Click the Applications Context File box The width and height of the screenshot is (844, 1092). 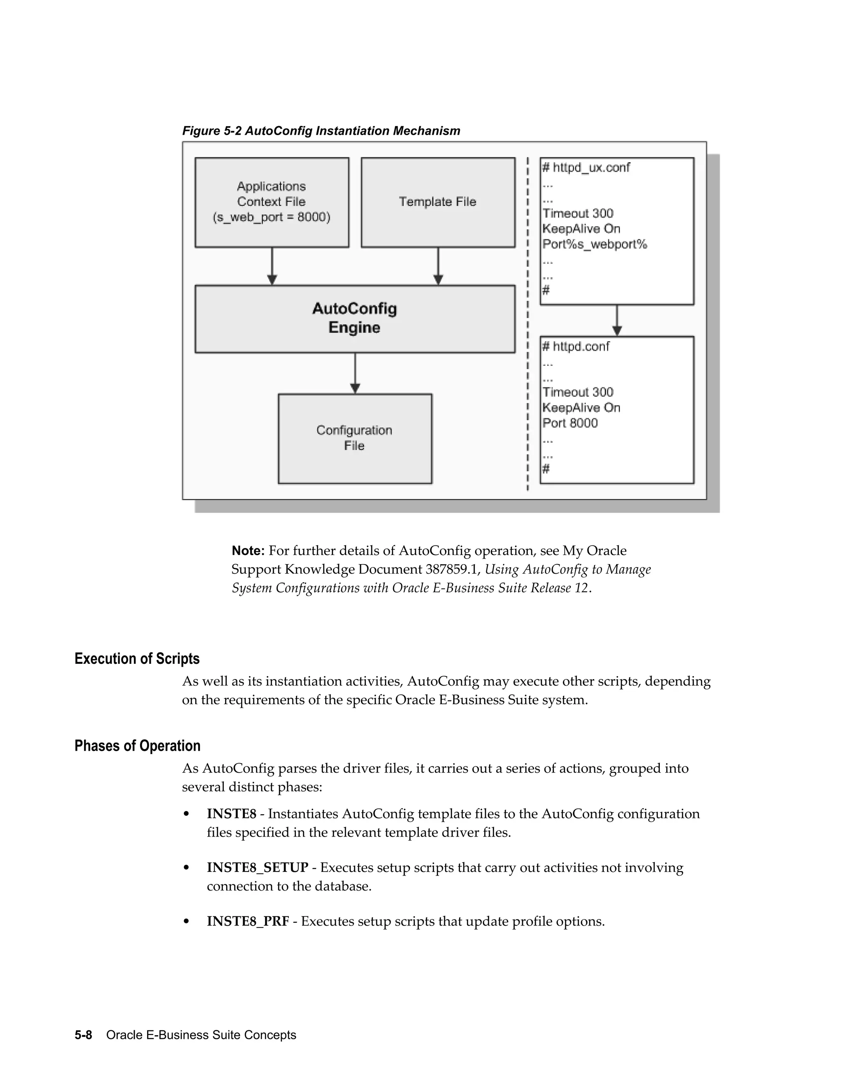point(272,202)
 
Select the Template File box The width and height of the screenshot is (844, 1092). point(438,202)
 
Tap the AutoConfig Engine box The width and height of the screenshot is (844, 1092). point(354,319)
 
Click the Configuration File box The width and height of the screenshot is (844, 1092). point(354,438)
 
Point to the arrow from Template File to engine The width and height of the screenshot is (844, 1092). point(438,266)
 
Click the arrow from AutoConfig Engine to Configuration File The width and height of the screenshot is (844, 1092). point(355,373)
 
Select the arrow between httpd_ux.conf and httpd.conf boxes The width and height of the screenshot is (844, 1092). point(617,320)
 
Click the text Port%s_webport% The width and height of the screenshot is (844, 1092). point(595,244)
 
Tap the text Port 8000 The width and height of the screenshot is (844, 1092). point(570,423)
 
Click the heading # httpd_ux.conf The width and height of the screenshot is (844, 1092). point(586,167)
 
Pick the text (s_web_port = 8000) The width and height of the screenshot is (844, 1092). point(272,218)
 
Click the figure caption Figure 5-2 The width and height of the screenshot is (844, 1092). point(321,131)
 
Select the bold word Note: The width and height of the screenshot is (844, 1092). point(248,551)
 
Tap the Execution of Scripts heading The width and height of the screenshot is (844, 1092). point(137,658)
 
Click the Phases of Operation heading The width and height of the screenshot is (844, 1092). point(138,745)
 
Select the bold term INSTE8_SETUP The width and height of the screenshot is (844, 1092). point(258,867)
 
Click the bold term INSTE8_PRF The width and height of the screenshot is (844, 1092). point(248,921)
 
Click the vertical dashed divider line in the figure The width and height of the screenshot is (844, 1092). point(528,325)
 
